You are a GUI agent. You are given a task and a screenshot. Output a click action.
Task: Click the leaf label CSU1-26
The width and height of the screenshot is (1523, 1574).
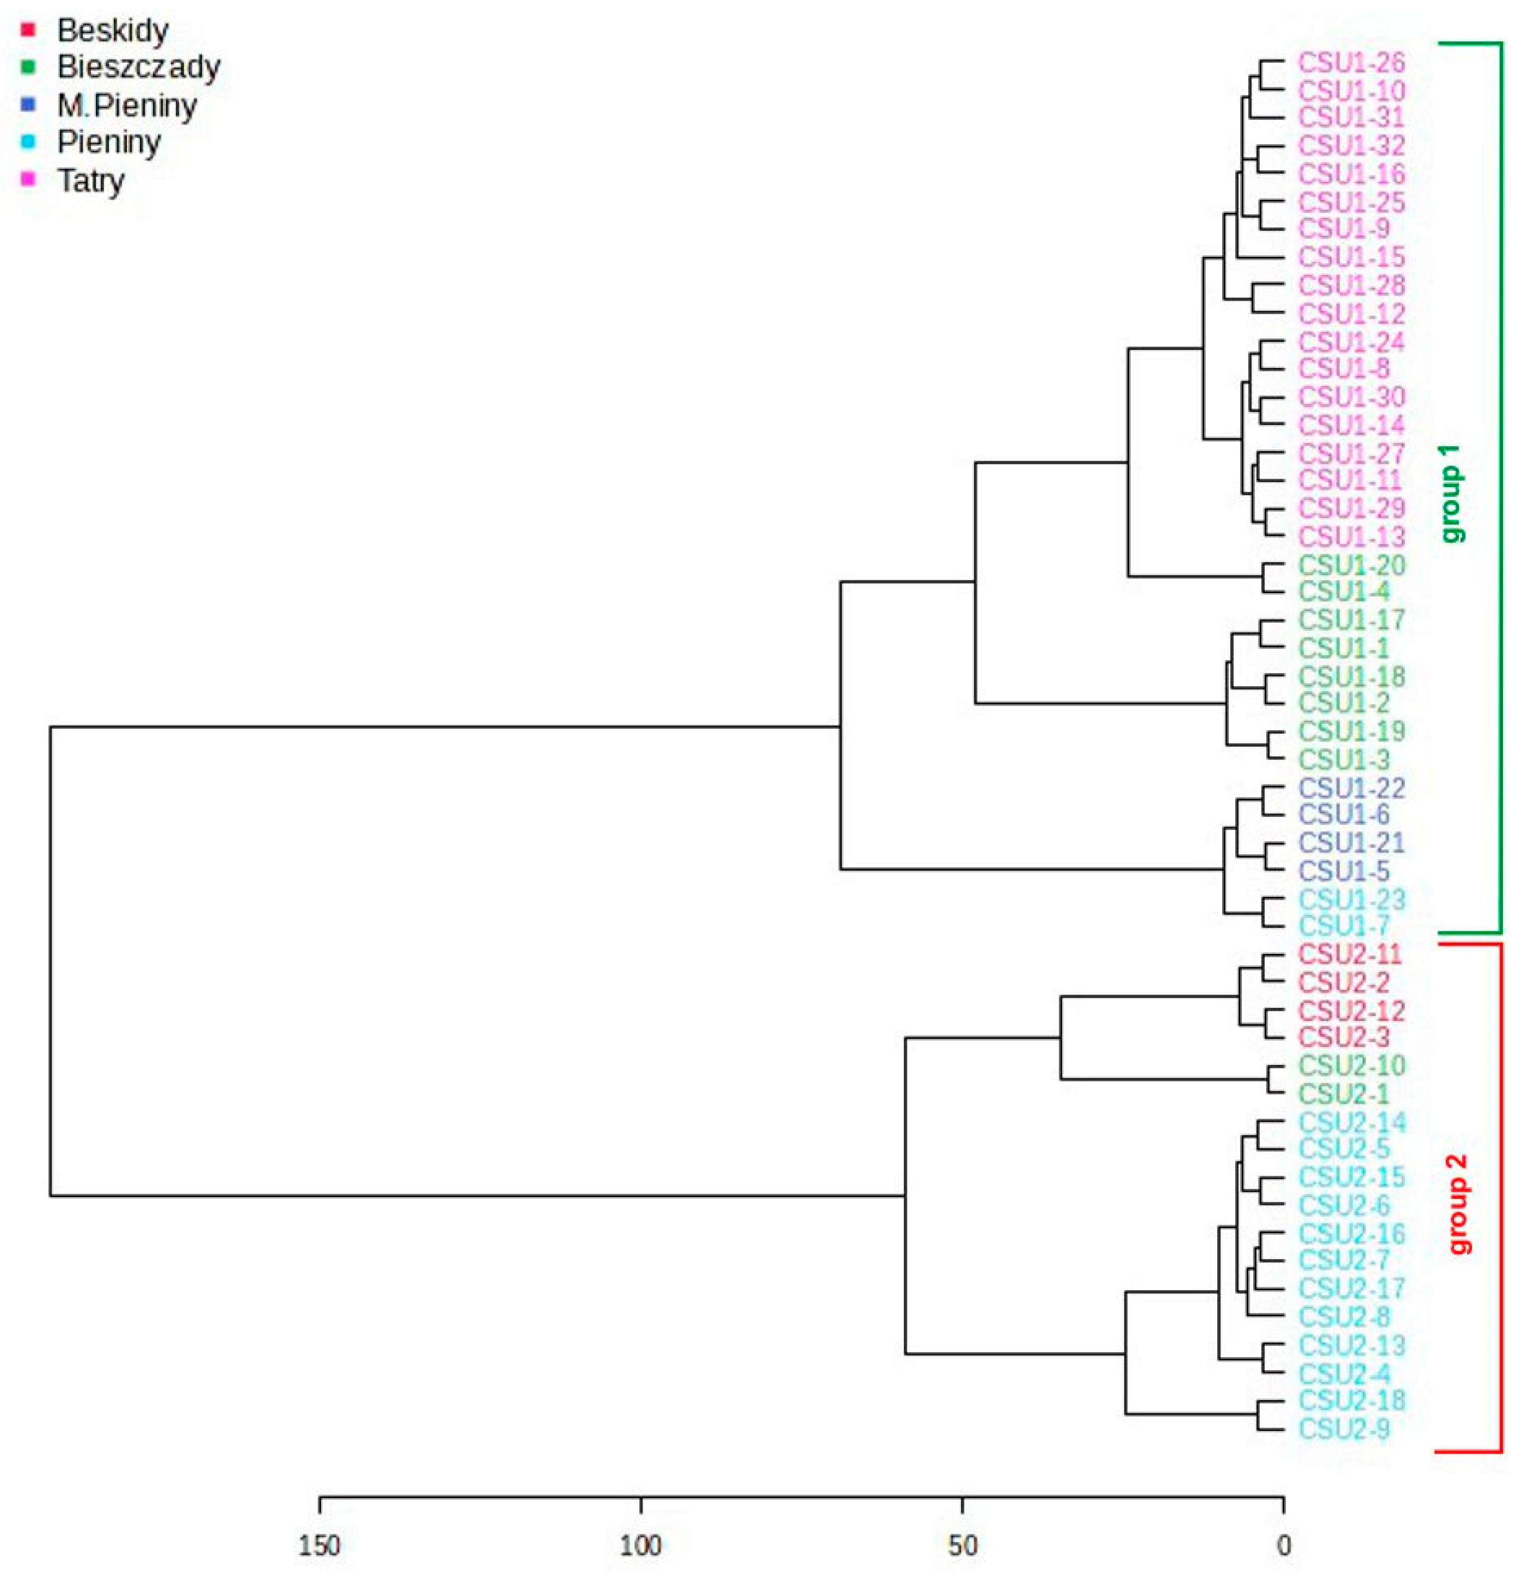click(1351, 62)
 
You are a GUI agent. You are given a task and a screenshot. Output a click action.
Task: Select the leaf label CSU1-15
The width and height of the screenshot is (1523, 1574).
click(1351, 257)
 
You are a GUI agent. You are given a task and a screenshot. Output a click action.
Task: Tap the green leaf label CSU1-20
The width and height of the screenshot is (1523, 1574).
click(1351, 565)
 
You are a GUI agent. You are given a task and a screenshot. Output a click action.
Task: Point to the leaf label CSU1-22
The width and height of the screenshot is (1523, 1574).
click(1351, 787)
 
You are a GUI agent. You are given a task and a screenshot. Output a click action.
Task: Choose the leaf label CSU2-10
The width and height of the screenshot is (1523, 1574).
click(1351, 1066)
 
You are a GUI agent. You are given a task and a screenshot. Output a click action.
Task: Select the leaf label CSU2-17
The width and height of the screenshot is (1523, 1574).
click(1351, 1288)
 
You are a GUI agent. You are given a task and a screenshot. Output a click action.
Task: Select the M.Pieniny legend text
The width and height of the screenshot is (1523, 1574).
click(127, 105)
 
